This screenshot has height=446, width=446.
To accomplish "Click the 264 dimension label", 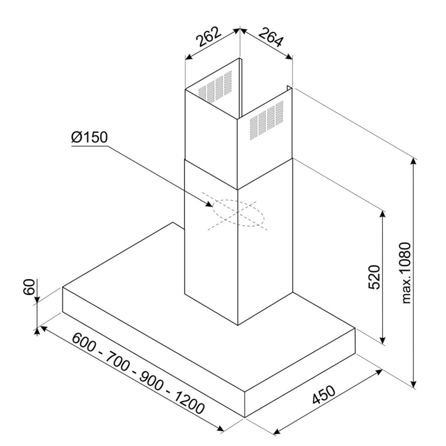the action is click(x=271, y=37).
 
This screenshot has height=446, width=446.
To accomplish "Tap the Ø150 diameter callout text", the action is click(x=89, y=137).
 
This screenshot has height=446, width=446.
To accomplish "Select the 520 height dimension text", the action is click(x=374, y=277).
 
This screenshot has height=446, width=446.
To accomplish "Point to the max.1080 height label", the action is click(x=405, y=273).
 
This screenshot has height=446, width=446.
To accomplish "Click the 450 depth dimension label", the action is click(x=324, y=395).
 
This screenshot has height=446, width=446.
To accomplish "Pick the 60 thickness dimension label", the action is click(x=29, y=287).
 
